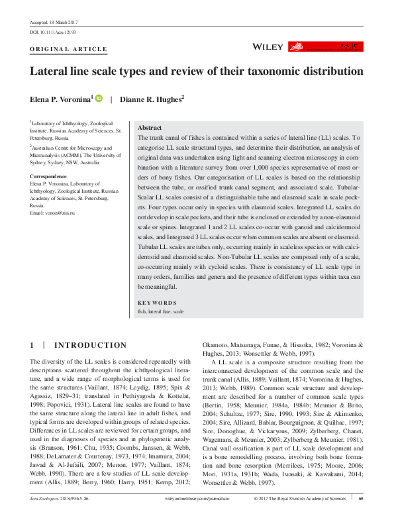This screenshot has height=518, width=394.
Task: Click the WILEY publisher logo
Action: point(268,47)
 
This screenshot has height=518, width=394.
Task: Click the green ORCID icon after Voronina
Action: point(99,99)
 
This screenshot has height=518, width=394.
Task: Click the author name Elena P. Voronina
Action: point(62,99)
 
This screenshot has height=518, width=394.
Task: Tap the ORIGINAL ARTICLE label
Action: point(69,49)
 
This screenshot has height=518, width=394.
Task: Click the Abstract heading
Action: point(149,127)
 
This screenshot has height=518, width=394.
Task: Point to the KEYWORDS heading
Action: point(156,302)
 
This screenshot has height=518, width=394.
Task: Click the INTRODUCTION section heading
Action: point(89,345)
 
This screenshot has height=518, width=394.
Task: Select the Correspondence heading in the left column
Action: point(48,176)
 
